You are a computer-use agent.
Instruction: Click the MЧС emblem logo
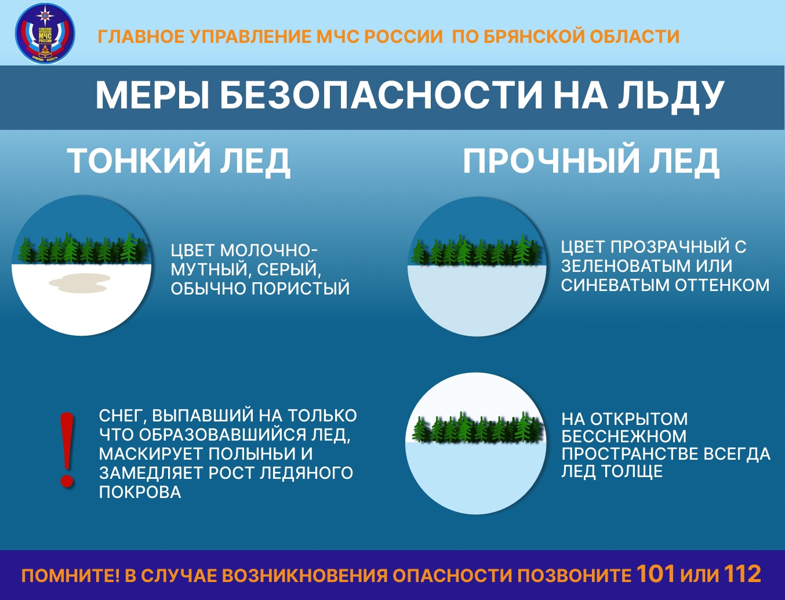[45, 34]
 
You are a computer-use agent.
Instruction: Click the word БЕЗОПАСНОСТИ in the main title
[380, 96]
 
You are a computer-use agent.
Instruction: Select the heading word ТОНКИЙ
[138, 161]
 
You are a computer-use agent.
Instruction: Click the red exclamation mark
[68, 450]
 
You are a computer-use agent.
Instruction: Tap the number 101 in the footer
[656, 574]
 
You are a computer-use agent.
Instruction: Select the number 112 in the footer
[742, 574]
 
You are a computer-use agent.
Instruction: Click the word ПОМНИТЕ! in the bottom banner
[70, 576]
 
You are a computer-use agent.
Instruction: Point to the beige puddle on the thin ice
[80, 283]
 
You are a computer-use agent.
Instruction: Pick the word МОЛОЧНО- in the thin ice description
[269, 251]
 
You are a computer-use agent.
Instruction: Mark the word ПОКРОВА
[140, 492]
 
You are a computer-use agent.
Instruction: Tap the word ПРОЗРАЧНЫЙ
[670, 247]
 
